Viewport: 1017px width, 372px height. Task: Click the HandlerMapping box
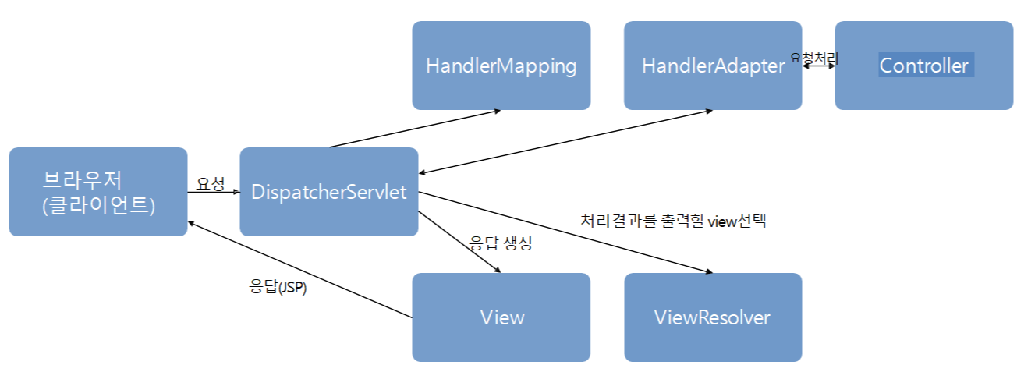pos(501,66)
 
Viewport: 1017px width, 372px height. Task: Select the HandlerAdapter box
pos(712,66)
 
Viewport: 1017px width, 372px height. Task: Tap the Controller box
pos(923,66)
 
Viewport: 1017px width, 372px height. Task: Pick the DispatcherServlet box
pos(328,192)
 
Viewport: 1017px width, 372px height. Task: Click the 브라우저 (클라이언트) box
pos(98,192)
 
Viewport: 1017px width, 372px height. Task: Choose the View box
pos(501,317)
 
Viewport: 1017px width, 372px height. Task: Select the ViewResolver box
pos(712,317)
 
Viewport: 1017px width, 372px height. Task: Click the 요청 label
pos(211,184)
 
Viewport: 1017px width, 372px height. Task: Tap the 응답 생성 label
pos(500,243)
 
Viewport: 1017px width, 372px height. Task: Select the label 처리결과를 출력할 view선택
pos(674,221)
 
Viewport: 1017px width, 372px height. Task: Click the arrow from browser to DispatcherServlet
pos(213,193)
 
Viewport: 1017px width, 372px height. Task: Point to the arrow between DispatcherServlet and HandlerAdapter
pos(565,141)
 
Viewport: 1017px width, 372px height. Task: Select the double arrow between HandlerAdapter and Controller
pos(818,66)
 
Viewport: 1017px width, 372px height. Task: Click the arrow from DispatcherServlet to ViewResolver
pos(565,232)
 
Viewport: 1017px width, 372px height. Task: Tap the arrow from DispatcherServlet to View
pos(459,241)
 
